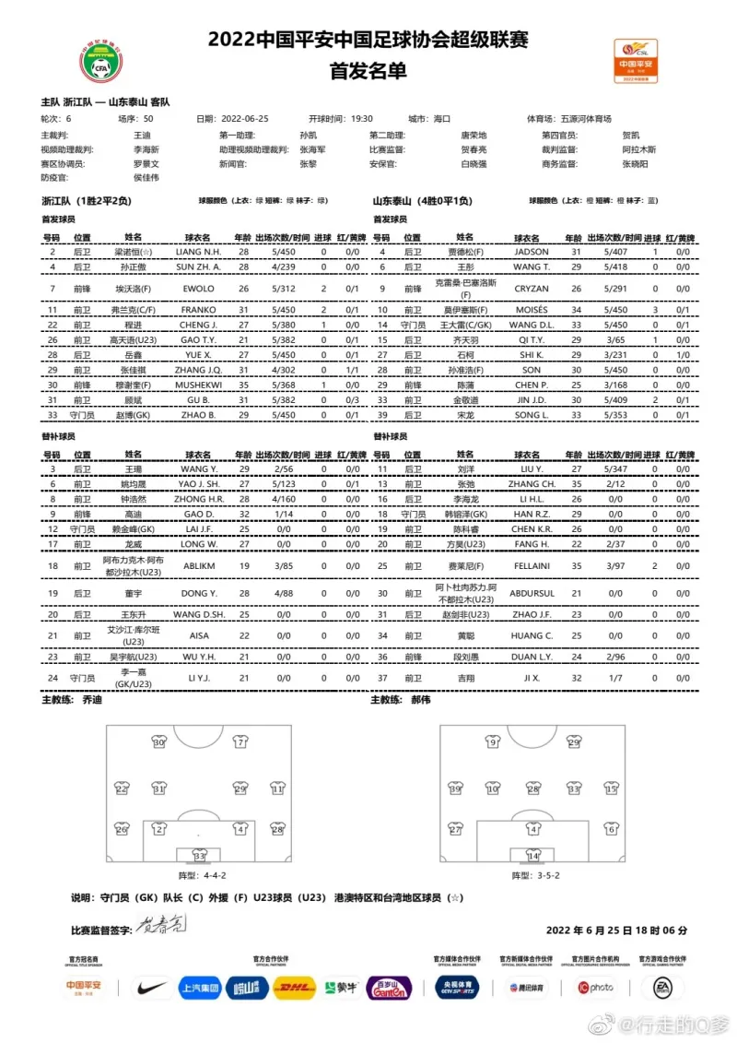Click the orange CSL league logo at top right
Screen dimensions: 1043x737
636,60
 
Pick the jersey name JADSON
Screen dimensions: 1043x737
532,252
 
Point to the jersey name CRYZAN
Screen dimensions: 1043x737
532,288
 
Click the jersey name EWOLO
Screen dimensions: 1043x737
200,289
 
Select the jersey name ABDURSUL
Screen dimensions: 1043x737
532,593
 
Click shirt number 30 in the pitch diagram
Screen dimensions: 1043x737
158,742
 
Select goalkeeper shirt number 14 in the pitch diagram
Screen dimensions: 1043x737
532,855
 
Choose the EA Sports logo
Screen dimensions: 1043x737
662,989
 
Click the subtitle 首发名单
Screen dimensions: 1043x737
368,71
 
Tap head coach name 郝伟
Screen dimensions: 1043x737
446,700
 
